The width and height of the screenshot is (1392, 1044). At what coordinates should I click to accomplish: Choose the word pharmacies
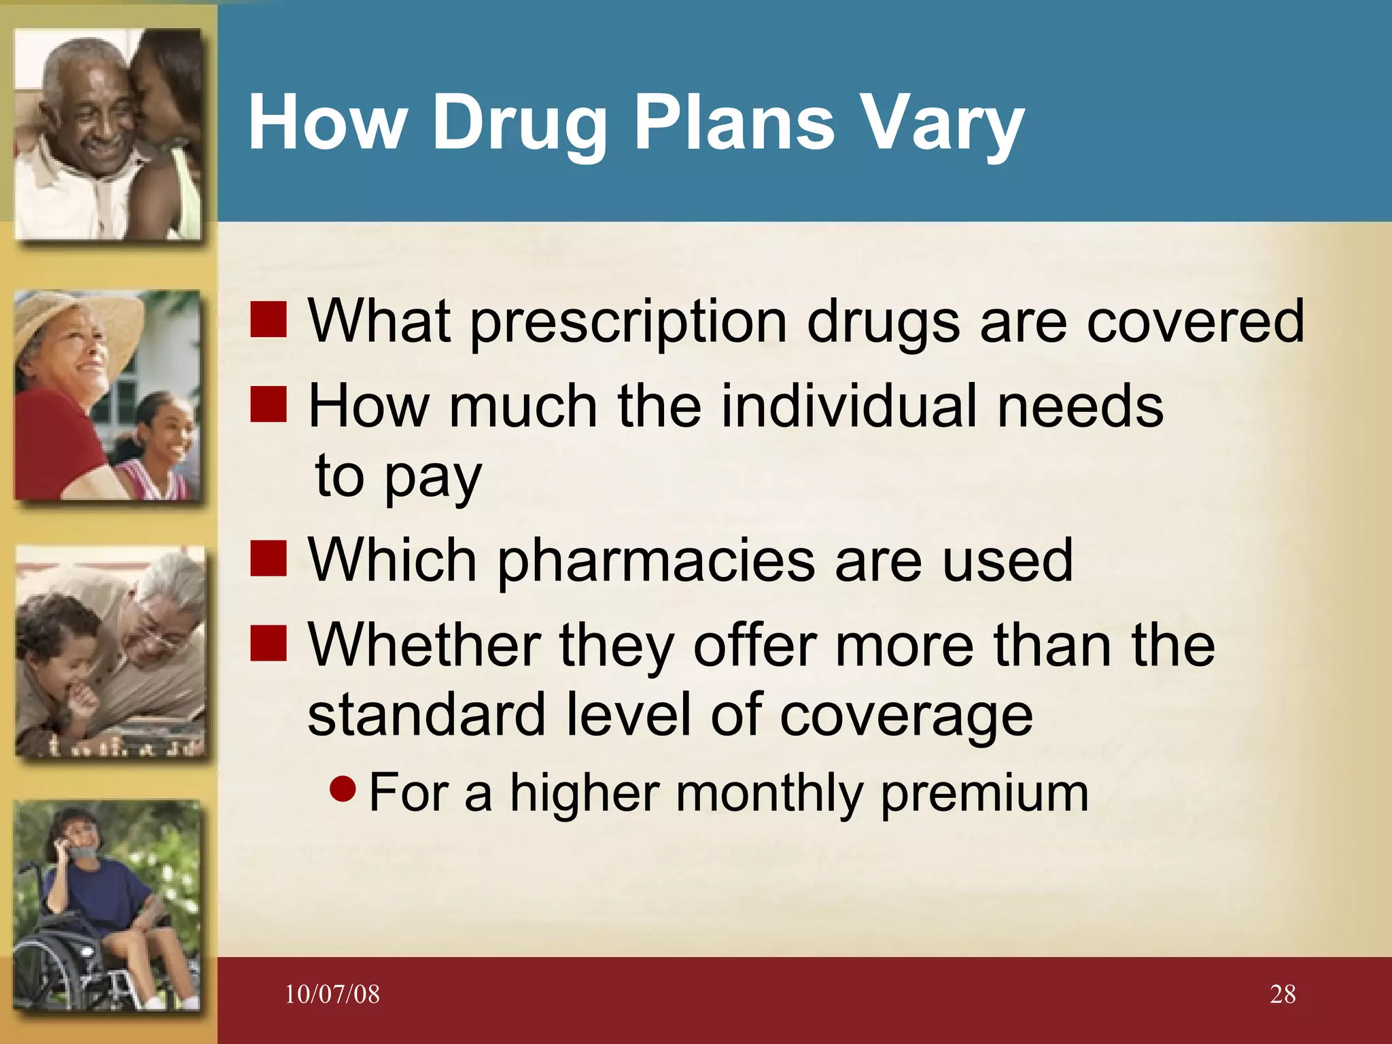656,561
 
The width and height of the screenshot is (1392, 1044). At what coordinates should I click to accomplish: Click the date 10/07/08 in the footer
332,994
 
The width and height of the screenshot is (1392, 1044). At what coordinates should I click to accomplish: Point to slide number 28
1283,994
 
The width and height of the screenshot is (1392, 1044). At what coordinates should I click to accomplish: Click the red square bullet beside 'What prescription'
268,320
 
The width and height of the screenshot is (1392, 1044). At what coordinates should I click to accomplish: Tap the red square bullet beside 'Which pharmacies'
268,559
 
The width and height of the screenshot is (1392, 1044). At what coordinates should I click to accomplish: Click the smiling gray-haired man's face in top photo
88,112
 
